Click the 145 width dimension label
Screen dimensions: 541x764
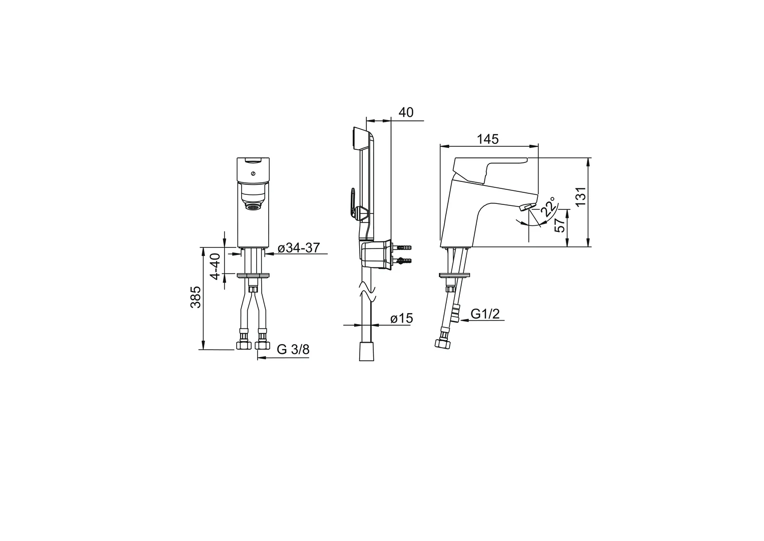point(487,139)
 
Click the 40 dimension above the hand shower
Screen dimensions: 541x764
point(406,113)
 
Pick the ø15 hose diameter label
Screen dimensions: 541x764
point(401,318)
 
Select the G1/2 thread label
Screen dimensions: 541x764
point(485,314)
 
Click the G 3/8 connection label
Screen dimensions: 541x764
point(293,350)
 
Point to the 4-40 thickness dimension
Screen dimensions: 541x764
point(215,266)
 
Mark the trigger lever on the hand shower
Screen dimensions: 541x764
point(353,203)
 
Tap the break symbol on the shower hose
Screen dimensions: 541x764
point(367,293)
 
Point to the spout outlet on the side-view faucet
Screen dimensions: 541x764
point(526,207)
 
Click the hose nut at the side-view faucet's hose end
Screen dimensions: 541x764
point(442,343)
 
